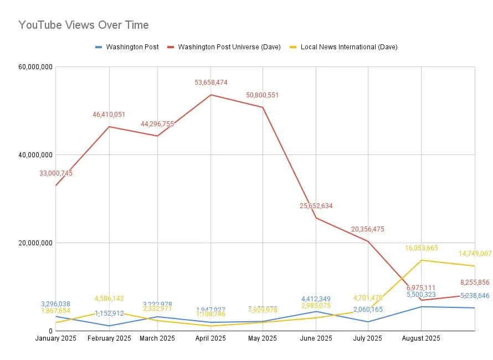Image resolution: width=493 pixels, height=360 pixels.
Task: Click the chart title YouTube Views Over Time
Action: (x=84, y=25)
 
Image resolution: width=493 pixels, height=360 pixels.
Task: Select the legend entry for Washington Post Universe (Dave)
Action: (x=229, y=47)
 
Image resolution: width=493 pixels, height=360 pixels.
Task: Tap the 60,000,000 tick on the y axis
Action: (x=35, y=67)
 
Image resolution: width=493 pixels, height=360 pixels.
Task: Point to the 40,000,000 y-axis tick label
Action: (x=35, y=155)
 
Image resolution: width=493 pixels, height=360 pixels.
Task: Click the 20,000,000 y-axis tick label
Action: (x=35, y=243)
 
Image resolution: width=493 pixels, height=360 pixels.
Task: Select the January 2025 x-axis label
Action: (x=55, y=338)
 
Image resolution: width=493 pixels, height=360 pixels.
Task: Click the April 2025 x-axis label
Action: (x=210, y=338)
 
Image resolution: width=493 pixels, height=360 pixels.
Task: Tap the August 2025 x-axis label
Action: (x=421, y=338)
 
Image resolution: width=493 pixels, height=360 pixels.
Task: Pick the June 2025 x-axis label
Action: (x=316, y=338)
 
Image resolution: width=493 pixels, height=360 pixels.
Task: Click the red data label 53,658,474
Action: (x=211, y=83)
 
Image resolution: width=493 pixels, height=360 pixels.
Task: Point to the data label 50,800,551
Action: (x=263, y=95)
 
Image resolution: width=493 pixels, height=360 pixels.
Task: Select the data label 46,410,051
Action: (x=109, y=115)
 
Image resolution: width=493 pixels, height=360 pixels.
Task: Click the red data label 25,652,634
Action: (x=316, y=206)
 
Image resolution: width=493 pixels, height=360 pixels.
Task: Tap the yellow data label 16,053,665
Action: (x=422, y=248)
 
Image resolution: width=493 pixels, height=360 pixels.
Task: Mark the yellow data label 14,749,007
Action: (x=475, y=254)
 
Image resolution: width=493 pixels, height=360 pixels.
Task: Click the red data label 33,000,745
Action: (x=56, y=173)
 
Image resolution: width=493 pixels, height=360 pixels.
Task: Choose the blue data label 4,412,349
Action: (x=316, y=299)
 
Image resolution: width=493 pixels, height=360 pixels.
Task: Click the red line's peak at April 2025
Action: (x=211, y=95)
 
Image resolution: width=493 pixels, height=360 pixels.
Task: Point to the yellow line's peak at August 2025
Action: (x=422, y=260)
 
